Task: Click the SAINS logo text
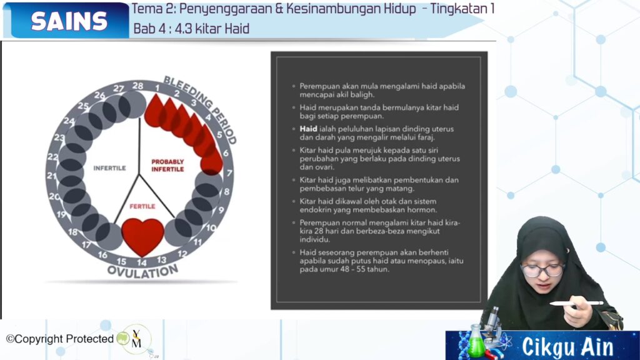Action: [69, 21]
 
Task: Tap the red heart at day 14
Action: [143, 236]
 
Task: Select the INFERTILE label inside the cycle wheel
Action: [109, 167]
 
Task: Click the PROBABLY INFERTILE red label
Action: [167, 165]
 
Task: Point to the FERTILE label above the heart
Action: [142, 206]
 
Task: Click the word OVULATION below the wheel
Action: [143, 271]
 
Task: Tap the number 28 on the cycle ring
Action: [138, 86]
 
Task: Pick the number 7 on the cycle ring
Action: [229, 173]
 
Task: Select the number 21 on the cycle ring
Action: [51, 176]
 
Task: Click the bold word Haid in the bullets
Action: [308, 129]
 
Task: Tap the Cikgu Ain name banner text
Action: [567, 347]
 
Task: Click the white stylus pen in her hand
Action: [576, 303]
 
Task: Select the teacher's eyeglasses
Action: [542, 270]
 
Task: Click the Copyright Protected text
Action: [60, 339]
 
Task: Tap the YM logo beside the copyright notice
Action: [136, 339]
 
